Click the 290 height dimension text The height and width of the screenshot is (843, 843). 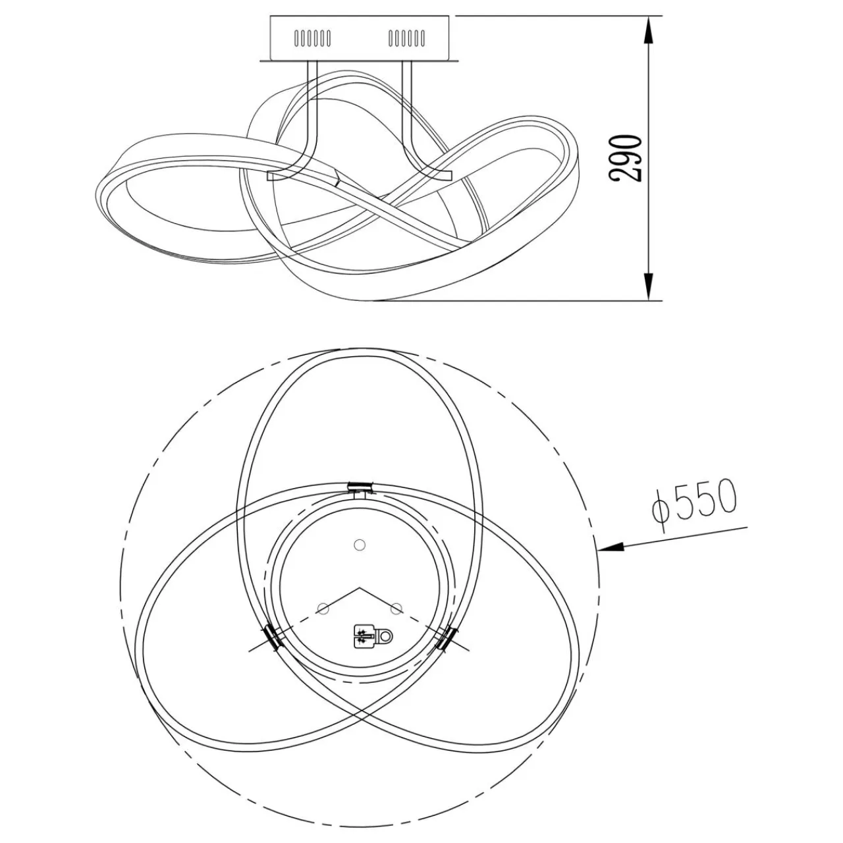coord(624,157)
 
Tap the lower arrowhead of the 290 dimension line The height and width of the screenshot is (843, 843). coord(649,286)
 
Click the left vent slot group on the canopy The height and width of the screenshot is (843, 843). coord(313,38)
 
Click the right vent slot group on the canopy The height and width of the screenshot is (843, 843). coord(406,38)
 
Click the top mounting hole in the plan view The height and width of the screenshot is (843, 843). coord(359,545)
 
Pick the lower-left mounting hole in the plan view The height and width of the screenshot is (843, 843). coord(323,608)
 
